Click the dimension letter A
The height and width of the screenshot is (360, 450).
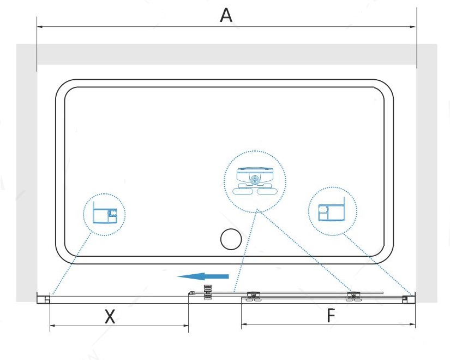226,15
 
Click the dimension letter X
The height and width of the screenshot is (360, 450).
110,316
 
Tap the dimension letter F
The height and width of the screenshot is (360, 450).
330,316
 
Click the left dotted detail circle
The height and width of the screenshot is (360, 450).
104,214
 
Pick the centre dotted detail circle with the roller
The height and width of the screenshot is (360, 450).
255,180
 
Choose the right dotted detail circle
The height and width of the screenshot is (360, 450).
333,211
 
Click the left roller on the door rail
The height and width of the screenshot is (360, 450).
253,296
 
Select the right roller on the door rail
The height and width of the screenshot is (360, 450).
353,296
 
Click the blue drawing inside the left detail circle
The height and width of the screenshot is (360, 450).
104,215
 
